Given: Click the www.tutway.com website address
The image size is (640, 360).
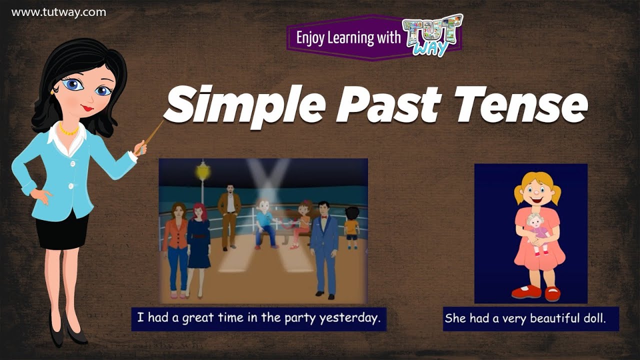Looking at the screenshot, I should [x=58, y=12].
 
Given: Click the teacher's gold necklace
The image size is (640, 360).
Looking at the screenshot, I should [x=68, y=131].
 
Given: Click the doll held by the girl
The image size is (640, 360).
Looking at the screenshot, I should [x=537, y=232].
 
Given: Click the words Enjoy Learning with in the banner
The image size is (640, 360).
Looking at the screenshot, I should [x=348, y=37].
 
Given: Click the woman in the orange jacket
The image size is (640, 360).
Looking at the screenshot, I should [x=176, y=245].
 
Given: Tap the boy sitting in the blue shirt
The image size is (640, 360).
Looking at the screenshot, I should [x=265, y=222].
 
